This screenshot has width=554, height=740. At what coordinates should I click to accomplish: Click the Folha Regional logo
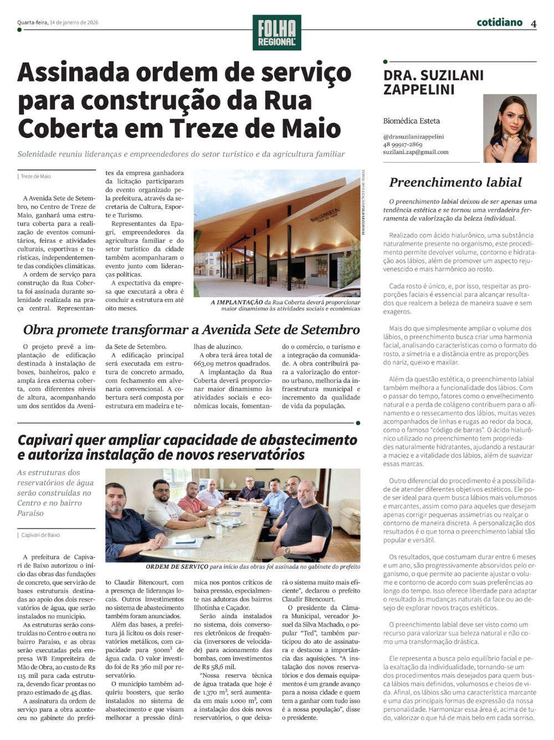click(276, 33)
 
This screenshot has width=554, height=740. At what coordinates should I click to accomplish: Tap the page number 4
click(534, 24)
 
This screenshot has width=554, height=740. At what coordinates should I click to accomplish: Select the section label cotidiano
click(499, 23)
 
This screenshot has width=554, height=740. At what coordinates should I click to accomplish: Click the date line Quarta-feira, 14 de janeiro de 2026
click(58, 23)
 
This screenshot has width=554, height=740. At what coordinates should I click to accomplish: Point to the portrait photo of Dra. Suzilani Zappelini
click(510, 128)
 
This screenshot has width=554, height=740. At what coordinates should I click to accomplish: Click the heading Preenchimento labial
click(455, 182)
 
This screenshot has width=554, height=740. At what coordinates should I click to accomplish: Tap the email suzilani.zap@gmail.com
click(416, 152)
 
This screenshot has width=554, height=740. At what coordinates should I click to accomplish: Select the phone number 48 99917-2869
click(403, 144)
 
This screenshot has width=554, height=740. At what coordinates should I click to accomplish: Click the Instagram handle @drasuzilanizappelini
click(413, 136)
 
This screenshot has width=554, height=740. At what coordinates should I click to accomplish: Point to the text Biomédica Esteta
click(411, 121)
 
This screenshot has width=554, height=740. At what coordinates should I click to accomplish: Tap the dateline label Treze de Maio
click(36, 177)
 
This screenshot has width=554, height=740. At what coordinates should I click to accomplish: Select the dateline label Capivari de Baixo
click(40, 535)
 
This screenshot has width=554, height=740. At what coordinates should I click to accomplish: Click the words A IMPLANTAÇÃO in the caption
click(237, 302)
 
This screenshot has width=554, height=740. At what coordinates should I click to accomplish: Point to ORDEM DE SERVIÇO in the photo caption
click(177, 567)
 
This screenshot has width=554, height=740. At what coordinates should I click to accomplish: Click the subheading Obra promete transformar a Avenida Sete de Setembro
click(191, 330)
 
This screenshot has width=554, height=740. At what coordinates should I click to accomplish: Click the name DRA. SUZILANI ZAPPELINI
click(433, 82)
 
